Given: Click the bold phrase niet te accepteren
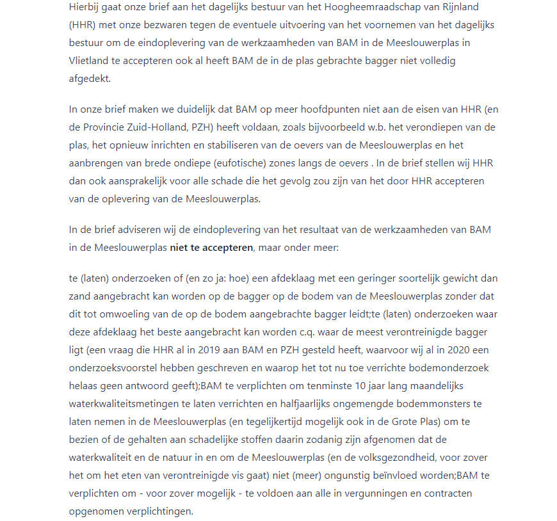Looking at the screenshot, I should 211,246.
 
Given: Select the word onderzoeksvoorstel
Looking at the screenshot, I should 115,368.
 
